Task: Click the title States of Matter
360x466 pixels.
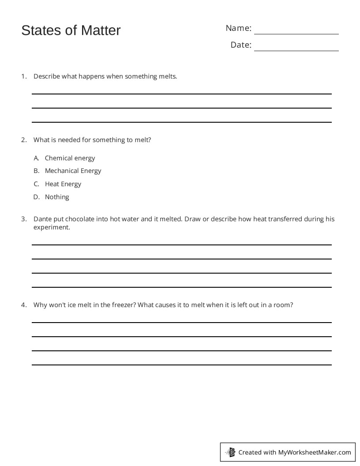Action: pyautogui.click(x=71, y=30)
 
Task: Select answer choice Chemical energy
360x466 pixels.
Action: pyautogui.click(x=70, y=158)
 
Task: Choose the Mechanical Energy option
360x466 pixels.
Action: pyautogui.click(x=73, y=171)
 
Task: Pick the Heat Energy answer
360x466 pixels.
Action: pyautogui.click(x=63, y=184)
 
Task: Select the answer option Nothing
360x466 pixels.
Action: pyautogui.click(x=57, y=197)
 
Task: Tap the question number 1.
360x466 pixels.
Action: pyautogui.click(x=24, y=76)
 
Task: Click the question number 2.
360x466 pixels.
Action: pyautogui.click(x=24, y=140)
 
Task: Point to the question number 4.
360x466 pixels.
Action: pyautogui.click(x=24, y=305)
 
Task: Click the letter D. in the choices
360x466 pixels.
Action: pyautogui.click(x=37, y=197)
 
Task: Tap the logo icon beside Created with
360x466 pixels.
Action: pyautogui.click(x=231, y=452)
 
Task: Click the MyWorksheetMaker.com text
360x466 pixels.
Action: pyautogui.click(x=315, y=452)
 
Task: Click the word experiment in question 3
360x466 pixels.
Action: pyautogui.click(x=51, y=228)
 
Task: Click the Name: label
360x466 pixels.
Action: pyautogui.click(x=238, y=28)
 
